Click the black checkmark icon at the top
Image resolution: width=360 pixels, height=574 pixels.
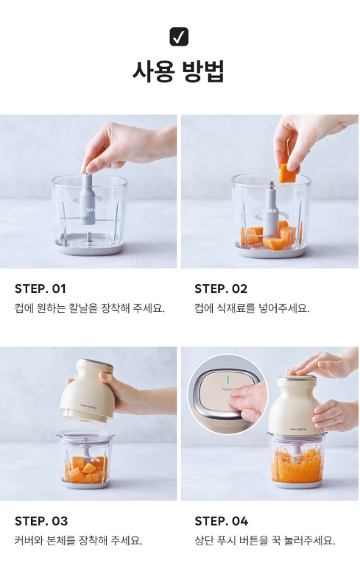(179, 37)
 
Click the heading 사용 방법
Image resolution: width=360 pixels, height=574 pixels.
(178, 71)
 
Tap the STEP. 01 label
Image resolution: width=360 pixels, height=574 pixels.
(40, 288)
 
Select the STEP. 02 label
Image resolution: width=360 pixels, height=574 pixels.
(221, 288)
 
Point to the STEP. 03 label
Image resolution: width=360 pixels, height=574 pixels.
(41, 521)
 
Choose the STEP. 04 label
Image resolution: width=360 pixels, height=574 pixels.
(221, 521)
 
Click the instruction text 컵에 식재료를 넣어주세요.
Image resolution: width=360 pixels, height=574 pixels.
(252, 308)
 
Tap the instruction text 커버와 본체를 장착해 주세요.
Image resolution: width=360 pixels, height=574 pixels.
(78, 540)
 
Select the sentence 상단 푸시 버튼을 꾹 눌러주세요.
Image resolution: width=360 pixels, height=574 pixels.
(265, 540)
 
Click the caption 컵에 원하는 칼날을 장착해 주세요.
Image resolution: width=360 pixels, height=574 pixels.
(90, 308)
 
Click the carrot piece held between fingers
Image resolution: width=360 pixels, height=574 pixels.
(288, 173)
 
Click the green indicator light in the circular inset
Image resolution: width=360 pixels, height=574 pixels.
(227, 379)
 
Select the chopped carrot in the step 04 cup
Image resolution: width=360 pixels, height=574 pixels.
(297, 464)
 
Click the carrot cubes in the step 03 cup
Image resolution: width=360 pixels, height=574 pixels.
(85, 469)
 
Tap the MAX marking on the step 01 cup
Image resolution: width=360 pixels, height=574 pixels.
(91, 210)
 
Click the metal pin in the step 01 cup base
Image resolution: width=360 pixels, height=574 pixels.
(88, 237)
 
